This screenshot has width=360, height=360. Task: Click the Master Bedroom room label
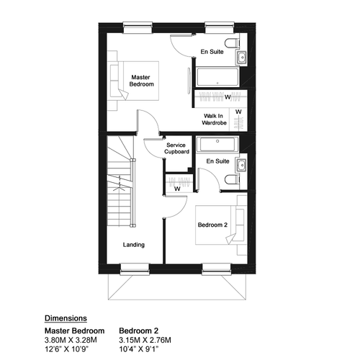coord(141,81)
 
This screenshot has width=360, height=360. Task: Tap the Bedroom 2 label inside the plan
coord(212,225)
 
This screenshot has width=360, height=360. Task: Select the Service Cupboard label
coord(176,148)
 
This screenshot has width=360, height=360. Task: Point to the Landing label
coord(134,245)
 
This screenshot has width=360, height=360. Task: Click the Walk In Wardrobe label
coord(214,120)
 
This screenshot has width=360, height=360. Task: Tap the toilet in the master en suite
coord(233,43)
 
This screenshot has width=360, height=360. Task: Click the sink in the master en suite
coord(241,58)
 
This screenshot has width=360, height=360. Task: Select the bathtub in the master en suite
coord(217,77)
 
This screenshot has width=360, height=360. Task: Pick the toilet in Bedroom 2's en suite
coord(233,179)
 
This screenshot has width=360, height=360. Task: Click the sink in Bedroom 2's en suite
coord(241,165)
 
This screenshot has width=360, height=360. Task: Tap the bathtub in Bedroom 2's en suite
coord(217,144)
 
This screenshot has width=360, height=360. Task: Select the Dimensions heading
coord(66,318)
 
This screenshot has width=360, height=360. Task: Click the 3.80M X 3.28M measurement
coord(71,340)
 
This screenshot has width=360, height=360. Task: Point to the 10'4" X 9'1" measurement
coord(139,349)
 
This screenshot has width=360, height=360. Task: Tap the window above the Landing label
coord(135,269)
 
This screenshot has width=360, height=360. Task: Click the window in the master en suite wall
coord(220,27)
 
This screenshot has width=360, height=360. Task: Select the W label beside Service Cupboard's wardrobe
coord(177,189)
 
